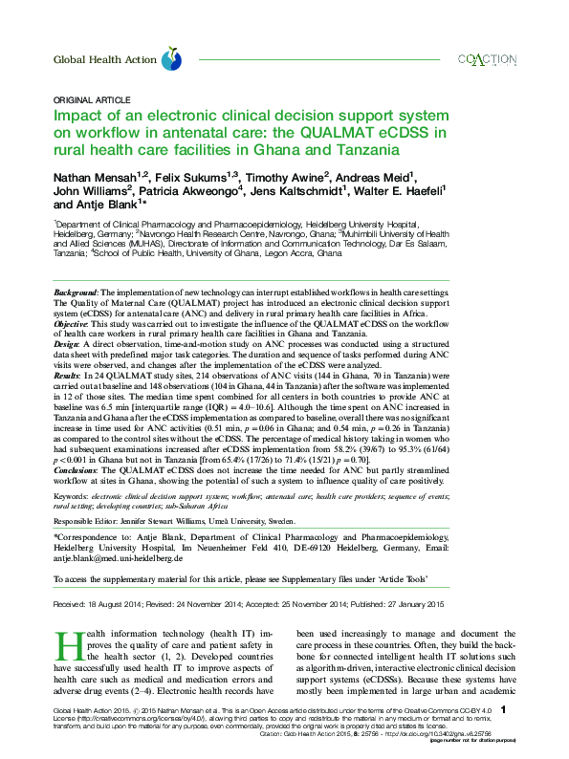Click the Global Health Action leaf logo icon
point(171,60)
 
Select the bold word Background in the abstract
point(76,291)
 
